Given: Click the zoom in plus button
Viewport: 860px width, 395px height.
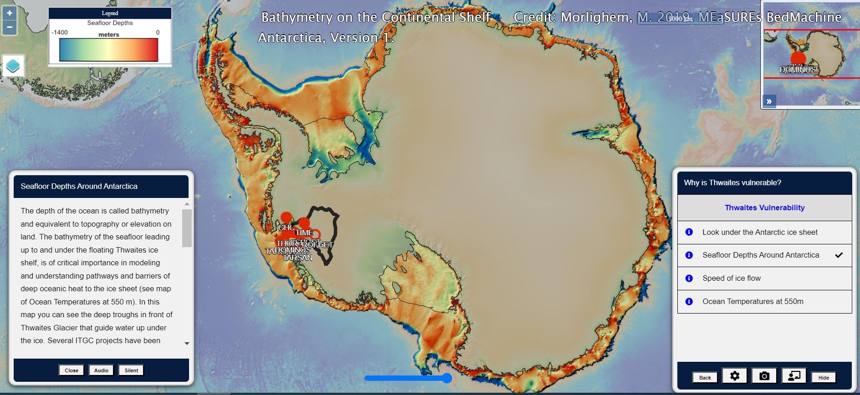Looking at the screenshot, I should [x=10, y=13].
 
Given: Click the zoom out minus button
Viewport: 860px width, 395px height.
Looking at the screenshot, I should [x=10, y=27].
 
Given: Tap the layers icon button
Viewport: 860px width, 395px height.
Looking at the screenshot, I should [x=13, y=66].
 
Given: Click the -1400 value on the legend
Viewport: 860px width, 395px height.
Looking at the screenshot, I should [x=60, y=32].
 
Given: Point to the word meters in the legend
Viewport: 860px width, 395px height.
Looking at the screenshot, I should [x=109, y=35].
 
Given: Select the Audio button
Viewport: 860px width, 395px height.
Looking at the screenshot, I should [x=101, y=370].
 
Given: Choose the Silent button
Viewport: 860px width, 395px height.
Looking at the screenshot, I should [x=131, y=370].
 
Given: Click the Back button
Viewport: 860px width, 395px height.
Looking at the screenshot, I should [x=705, y=378].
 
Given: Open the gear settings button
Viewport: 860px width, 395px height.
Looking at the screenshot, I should [x=735, y=376].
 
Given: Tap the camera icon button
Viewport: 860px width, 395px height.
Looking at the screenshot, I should [x=764, y=376].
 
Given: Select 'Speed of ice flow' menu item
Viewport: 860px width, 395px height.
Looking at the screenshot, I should [x=731, y=279].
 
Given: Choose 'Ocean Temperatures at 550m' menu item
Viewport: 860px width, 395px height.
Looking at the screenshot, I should [x=752, y=302].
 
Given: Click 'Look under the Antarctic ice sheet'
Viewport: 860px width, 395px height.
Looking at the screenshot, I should [x=760, y=233].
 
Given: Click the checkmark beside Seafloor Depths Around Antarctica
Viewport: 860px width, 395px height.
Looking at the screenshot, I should [x=839, y=255].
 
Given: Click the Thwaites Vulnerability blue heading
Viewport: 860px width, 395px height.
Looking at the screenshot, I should [x=764, y=208].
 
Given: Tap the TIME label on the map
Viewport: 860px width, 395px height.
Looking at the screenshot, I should [x=304, y=233].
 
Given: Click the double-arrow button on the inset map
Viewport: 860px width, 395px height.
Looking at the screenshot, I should [x=769, y=101].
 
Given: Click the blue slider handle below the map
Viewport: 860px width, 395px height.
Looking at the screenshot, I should [x=447, y=378].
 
